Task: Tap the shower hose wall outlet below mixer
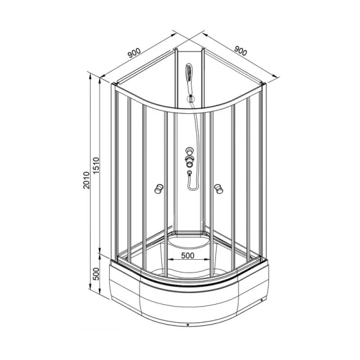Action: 190,173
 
